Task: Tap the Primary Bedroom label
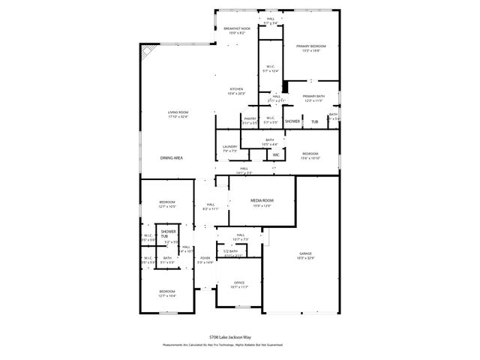pyautogui.click(x=310, y=46)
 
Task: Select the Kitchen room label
pyautogui.click(x=236, y=89)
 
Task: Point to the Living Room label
pyautogui.click(x=178, y=112)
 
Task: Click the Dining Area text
pyautogui.click(x=172, y=158)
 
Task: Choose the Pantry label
pyautogui.click(x=250, y=118)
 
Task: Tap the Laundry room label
pyautogui.click(x=229, y=146)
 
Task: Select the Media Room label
pyautogui.click(x=262, y=201)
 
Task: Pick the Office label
pyautogui.click(x=239, y=283)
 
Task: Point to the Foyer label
pyautogui.click(x=205, y=259)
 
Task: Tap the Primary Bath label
pyautogui.click(x=313, y=96)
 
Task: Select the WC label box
pyautogui.click(x=276, y=155)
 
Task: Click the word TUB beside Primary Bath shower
pyautogui.click(x=315, y=121)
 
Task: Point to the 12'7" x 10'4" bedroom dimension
pyautogui.click(x=166, y=296)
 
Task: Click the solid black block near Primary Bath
pyautogui.click(x=285, y=87)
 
